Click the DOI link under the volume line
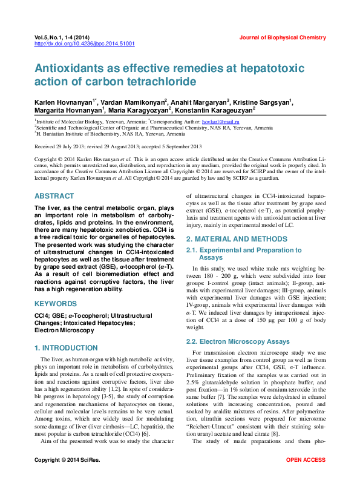pos(84,44)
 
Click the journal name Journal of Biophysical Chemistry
pos(282,38)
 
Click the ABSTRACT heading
pos(54,197)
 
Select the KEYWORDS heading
pos(56,303)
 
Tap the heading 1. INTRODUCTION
pos(66,348)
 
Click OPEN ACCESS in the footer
pos(306,478)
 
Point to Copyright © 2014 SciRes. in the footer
pos(67,478)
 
